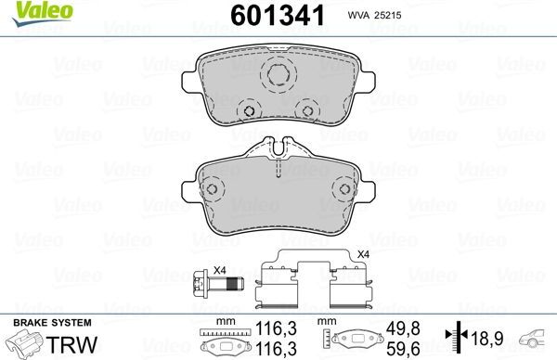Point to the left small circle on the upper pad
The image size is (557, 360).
248,113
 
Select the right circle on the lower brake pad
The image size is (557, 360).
345,189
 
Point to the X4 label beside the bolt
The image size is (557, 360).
221,269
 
